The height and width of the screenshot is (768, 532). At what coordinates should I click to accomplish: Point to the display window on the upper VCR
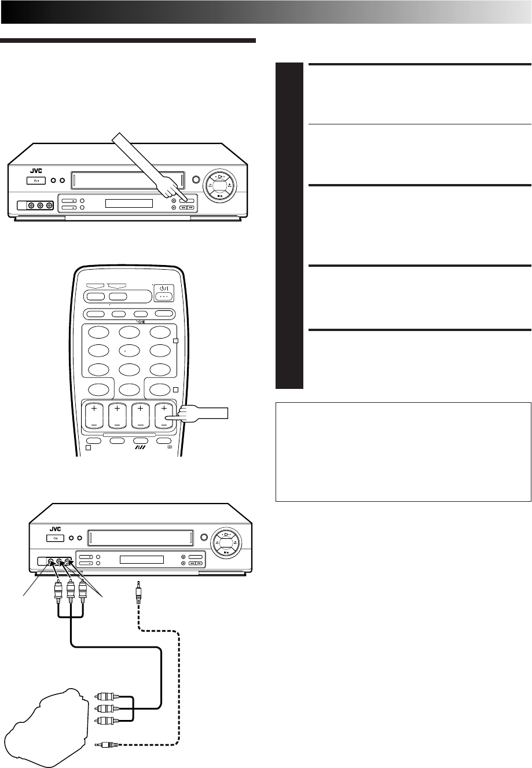click(129, 204)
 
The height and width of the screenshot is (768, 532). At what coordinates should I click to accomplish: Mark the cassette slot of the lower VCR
click(141, 538)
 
